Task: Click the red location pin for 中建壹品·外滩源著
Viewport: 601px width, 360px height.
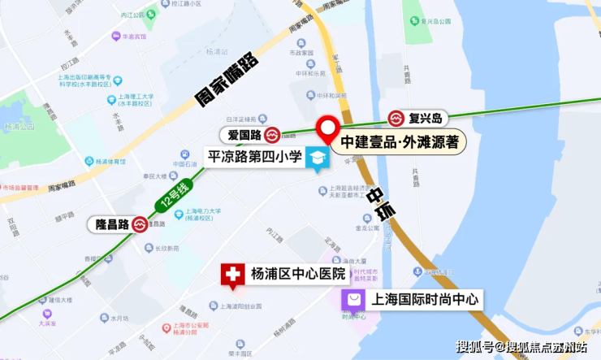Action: (328, 129)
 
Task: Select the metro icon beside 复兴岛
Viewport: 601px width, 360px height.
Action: (396, 119)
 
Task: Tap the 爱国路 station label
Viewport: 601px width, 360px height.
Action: (243, 134)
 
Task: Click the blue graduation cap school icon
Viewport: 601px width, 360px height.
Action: (317, 159)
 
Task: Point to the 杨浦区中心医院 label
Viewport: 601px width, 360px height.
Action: (297, 274)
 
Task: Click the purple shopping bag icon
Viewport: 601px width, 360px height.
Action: (353, 301)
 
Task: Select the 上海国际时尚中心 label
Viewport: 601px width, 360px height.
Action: (425, 300)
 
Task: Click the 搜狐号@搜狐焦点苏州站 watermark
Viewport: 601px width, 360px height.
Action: (524, 347)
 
